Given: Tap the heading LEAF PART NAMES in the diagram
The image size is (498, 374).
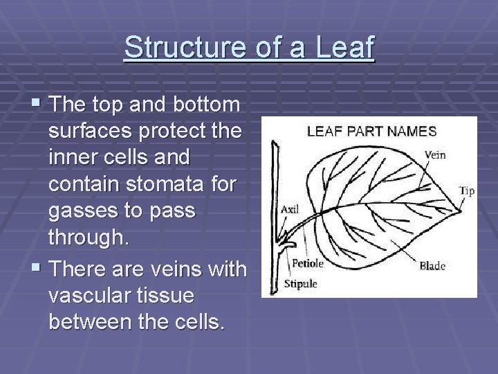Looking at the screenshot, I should (x=371, y=130).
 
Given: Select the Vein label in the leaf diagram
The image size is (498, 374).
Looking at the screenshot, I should (x=434, y=155).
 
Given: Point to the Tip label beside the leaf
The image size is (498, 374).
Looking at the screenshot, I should (x=467, y=191).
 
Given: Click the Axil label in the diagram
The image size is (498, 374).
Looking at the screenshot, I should (x=290, y=208).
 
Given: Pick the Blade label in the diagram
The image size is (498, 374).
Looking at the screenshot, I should (x=432, y=265).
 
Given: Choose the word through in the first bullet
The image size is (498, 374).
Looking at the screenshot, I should (x=88, y=238).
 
